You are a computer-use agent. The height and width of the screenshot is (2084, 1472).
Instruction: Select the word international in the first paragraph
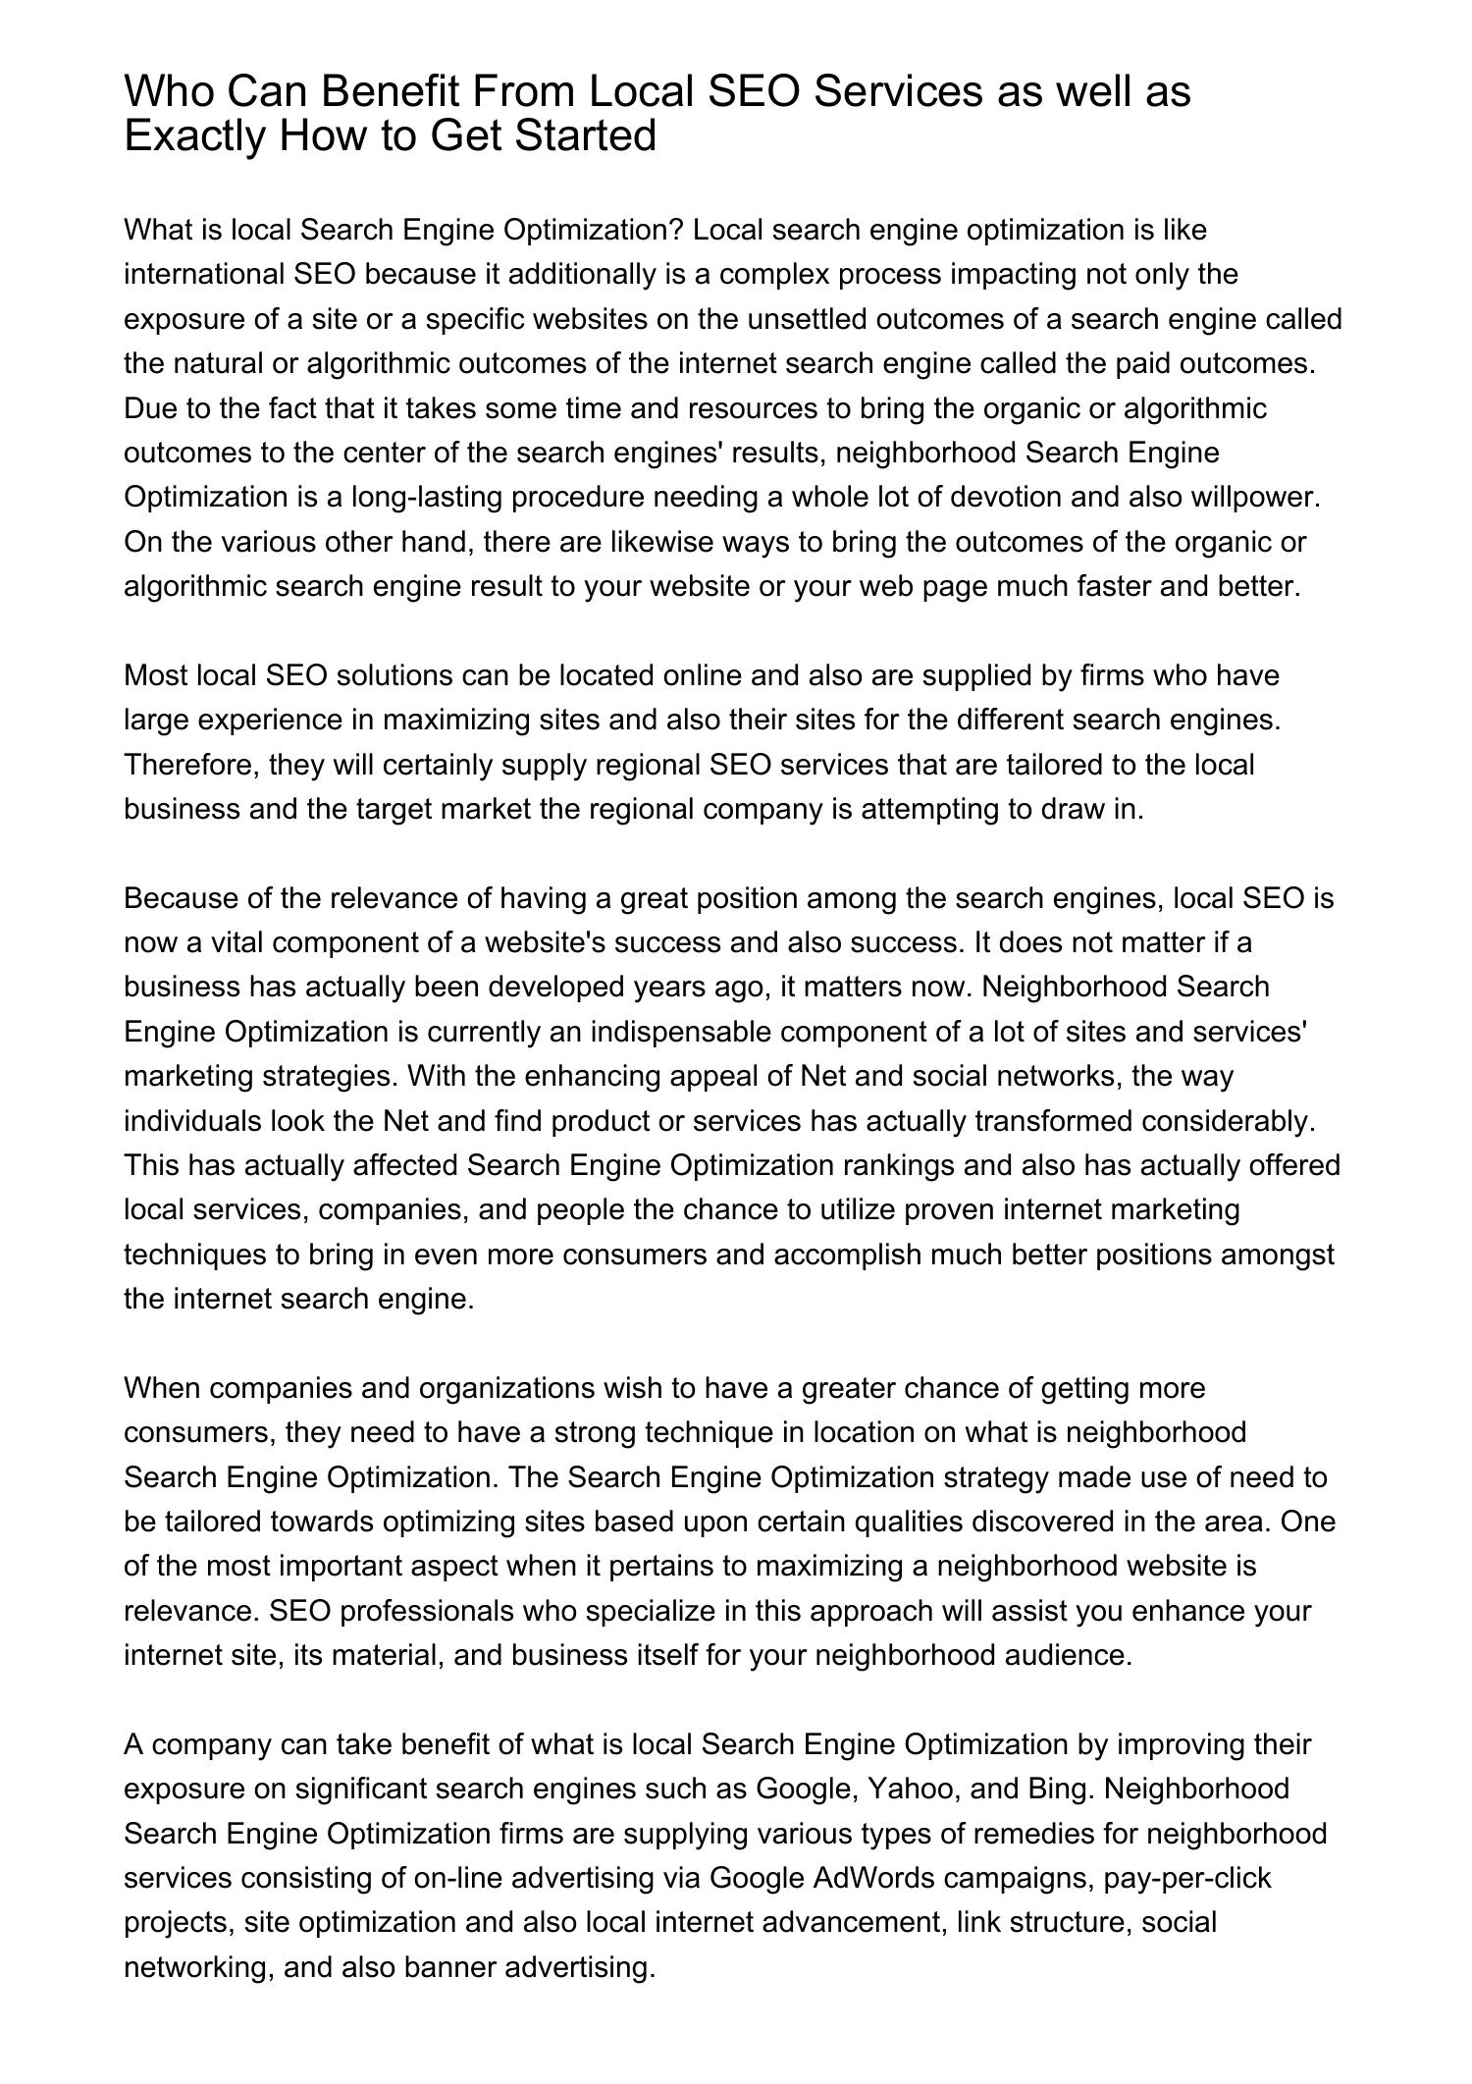tap(204, 275)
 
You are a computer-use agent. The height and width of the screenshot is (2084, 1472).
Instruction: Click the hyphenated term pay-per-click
tap(1186, 1879)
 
